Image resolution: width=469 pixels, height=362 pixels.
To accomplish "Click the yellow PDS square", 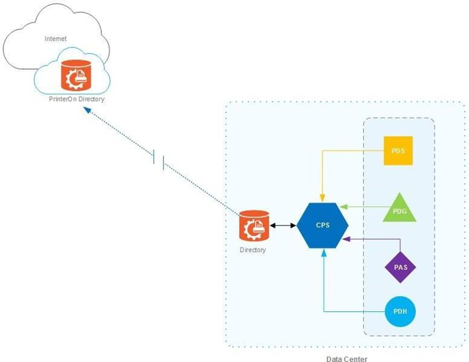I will pos(398,150).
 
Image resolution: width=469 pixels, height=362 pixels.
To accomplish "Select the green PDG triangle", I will pos(398,208).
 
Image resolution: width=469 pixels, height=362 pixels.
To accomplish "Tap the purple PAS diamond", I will pos(400,266).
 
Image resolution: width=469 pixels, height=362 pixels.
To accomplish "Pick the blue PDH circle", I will pos(399,312).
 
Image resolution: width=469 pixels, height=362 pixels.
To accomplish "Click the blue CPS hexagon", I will pos(323,224).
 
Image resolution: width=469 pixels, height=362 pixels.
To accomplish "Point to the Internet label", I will pos(56,39).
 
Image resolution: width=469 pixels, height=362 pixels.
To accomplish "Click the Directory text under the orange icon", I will pos(253,249).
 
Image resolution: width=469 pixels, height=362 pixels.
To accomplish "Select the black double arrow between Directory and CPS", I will pos(282,224).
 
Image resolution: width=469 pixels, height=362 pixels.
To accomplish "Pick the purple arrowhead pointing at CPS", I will pos(346,239).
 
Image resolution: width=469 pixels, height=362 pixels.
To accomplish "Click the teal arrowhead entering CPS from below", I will pos(324,253).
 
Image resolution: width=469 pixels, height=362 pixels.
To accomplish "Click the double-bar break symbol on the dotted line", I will pos(160,161).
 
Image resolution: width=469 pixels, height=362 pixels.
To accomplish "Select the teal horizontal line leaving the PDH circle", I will pos(353,312).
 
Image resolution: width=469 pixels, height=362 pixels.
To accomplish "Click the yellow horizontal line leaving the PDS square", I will pos(353,150).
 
